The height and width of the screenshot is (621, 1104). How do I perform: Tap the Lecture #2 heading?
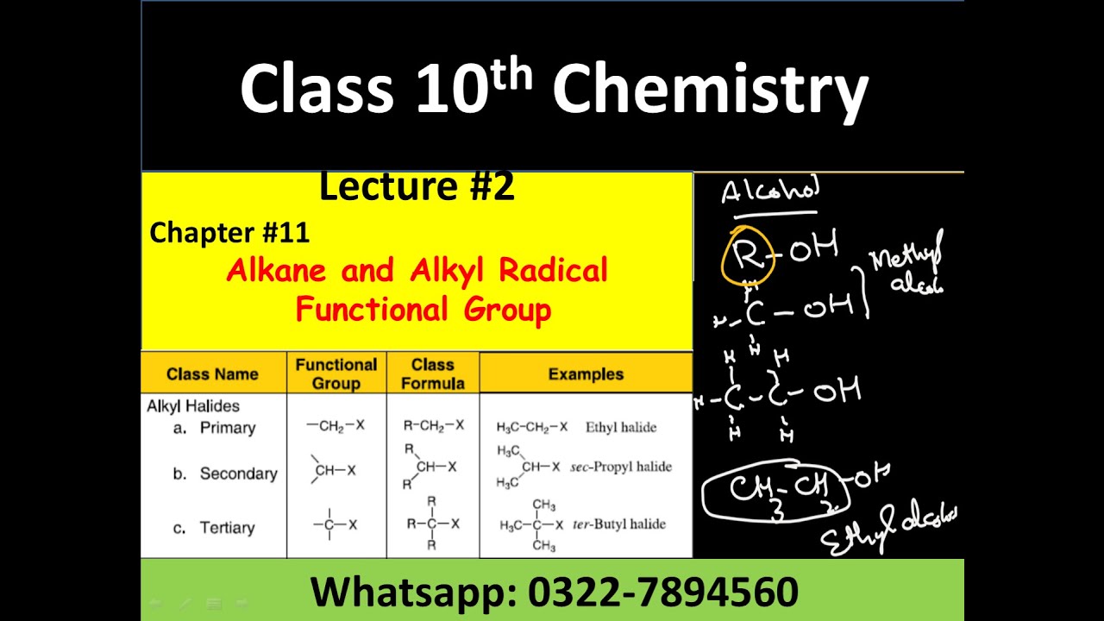click(x=417, y=186)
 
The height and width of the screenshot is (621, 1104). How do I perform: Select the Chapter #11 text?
click(x=229, y=232)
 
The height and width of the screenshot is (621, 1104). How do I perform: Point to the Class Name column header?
click(x=212, y=374)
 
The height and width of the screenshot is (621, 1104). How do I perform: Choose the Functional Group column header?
click(x=336, y=373)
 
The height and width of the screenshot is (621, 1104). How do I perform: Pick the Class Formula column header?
click(x=433, y=373)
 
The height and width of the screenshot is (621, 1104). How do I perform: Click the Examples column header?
click(x=586, y=374)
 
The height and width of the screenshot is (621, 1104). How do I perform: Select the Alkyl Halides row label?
click(x=193, y=406)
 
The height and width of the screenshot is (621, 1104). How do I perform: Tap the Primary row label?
click(x=228, y=428)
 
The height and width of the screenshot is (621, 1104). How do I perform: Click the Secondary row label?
click(x=238, y=474)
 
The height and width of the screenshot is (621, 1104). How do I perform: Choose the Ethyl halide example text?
click(x=621, y=427)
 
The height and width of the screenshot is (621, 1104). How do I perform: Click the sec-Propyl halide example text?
click(x=621, y=467)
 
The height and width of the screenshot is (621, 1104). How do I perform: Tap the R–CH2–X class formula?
click(x=434, y=425)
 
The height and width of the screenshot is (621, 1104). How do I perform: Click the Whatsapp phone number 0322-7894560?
click(x=663, y=593)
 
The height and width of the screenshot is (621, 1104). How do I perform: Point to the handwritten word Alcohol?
click(x=770, y=191)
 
